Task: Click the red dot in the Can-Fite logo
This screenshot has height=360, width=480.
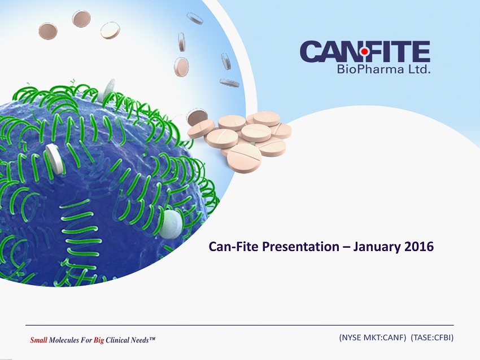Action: click(x=364, y=52)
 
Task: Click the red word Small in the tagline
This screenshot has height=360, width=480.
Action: click(x=38, y=340)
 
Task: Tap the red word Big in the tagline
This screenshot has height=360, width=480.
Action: click(x=99, y=340)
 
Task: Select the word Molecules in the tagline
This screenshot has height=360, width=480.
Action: click(x=64, y=340)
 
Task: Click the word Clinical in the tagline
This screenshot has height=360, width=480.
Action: click(x=117, y=340)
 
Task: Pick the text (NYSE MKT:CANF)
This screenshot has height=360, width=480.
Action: click(x=373, y=337)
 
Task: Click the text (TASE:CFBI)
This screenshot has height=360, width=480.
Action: click(x=432, y=337)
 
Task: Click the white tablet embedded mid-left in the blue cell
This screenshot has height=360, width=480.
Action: click(x=55, y=159)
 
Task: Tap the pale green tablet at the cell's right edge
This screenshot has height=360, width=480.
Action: click(x=171, y=225)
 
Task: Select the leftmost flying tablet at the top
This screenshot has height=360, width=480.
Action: click(x=48, y=31)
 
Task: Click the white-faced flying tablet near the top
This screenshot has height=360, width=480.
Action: click(x=110, y=30)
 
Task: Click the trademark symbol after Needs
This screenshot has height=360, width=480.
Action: click(x=152, y=339)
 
